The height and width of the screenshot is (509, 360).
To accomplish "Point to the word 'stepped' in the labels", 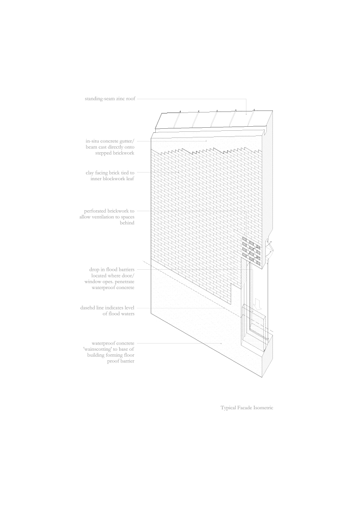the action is (103, 153).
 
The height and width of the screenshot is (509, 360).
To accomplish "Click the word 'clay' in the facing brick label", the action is (90, 173).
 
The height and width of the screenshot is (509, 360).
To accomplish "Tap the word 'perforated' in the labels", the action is (95, 211).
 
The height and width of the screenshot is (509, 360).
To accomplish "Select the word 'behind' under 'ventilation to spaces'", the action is (127, 223).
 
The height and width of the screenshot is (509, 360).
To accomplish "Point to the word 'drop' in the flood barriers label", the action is (94, 270).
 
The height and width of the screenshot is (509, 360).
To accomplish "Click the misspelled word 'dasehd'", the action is (87, 308).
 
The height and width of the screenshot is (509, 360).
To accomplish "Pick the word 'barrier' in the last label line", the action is (127, 361).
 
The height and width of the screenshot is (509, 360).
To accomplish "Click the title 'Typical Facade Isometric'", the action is (247, 408).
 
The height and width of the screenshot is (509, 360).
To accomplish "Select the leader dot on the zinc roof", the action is (246, 114).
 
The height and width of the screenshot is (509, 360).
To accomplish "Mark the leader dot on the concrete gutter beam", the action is (206, 141).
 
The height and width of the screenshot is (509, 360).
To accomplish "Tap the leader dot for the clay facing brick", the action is (179, 173).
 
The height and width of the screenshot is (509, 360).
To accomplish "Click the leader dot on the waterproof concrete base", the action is (221, 343).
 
